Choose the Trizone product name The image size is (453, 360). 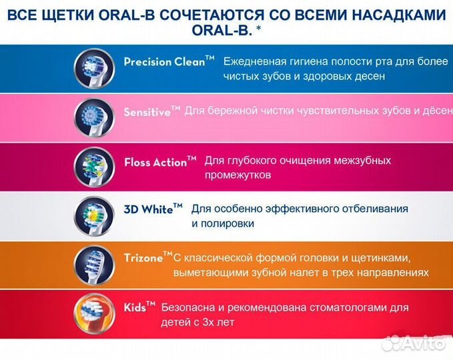tap(143, 257)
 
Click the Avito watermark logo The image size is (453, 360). tap(416, 342)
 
